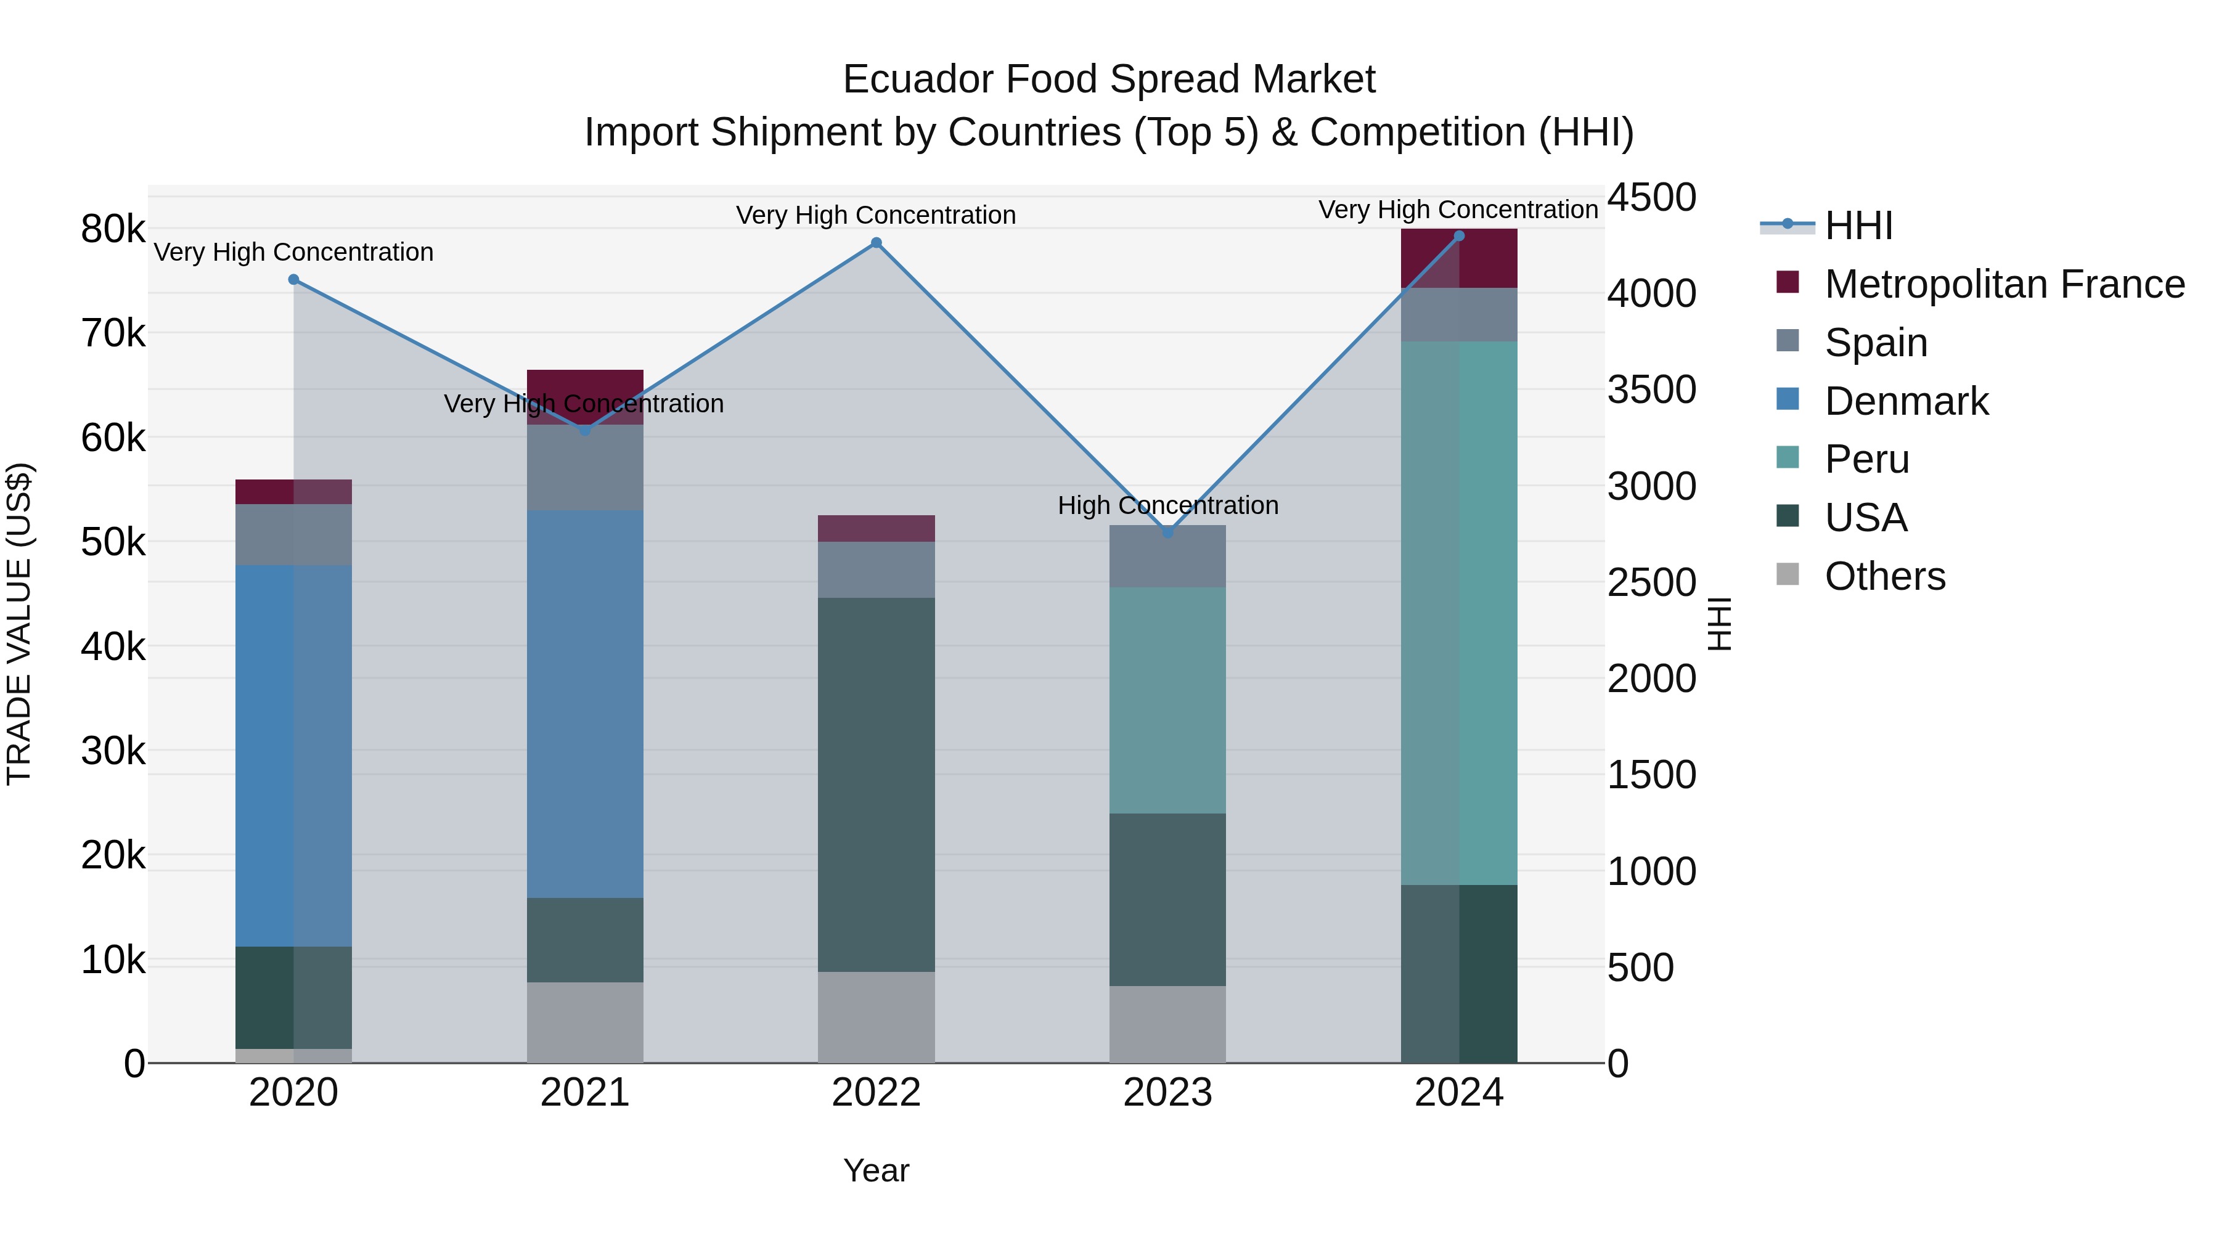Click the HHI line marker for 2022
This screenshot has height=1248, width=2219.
(876, 243)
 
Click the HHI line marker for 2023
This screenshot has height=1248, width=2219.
(1168, 533)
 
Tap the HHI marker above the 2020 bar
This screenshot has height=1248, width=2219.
(294, 280)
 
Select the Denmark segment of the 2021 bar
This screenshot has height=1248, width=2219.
(585, 704)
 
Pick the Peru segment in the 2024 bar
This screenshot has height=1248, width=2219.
(1458, 613)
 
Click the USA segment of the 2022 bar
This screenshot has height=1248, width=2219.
(876, 785)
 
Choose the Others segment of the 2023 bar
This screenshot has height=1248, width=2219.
(1167, 1024)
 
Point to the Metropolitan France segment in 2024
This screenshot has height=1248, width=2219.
(1458, 258)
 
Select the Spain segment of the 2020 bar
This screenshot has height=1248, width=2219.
(294, 535)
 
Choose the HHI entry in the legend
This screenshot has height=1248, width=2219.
(1858, 226)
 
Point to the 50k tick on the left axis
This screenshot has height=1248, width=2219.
(113, 542)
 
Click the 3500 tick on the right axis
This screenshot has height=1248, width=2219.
(1651, 389)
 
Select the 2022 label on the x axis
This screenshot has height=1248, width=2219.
(876, 1093)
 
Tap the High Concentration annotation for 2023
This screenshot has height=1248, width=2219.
(1167, 505)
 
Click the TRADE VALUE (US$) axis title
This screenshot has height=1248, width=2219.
(19, 624)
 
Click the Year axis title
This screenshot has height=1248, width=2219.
(876, 1170)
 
